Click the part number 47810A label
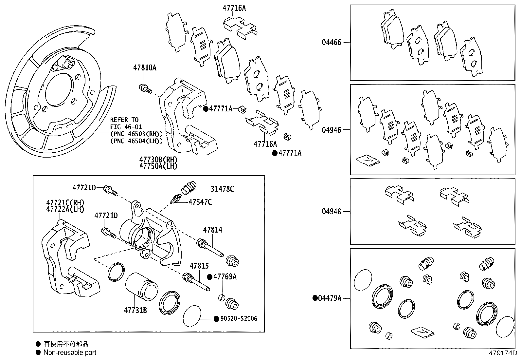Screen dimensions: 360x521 click(x=145, y=68)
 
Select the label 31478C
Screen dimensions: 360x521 click(x=222, y=189)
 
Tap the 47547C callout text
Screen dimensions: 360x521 click(x=200, y=202)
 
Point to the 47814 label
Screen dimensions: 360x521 click(x=212, y=230)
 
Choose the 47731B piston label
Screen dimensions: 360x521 click(x=135, y=310)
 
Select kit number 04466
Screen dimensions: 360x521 click(x=331, y=43)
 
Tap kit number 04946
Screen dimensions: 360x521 click(x=331, y=130)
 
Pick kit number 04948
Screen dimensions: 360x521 click(x=331, y=212)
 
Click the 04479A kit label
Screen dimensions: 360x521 click(x=330, y=298)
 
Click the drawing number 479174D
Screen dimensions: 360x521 click(x=503, y=353)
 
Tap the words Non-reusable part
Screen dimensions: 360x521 click(x=70, y=353)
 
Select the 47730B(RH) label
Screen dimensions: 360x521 click(x=158, y=160)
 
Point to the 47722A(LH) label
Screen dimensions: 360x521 click(x=65, y=209)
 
